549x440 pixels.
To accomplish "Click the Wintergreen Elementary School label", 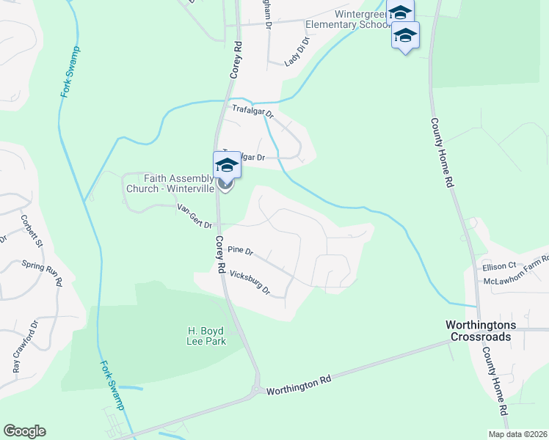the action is (360, 19).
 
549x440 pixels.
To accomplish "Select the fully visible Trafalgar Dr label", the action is (253, 112).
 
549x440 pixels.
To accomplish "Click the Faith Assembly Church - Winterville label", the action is (170, 183).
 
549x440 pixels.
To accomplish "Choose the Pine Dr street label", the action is (240, 251).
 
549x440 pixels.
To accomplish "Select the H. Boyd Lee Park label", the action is (205, 335).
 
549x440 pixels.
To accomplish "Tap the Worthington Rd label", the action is (299, 386).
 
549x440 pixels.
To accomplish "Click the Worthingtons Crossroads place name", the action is (481, 329).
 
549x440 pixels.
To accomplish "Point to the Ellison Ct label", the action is (500, 266).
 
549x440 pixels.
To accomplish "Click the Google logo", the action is (24, 431).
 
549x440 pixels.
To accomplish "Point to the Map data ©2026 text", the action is (517, 434).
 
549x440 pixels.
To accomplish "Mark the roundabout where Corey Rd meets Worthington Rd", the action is (256, 391).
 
